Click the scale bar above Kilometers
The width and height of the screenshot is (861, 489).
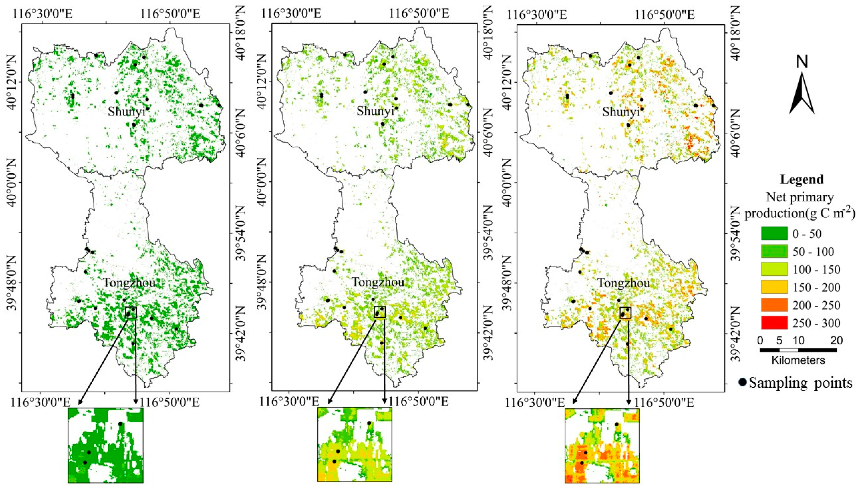pos(798,350)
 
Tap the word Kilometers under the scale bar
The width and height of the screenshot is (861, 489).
pos(798,360)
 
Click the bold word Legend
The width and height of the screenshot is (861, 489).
pos(801,179)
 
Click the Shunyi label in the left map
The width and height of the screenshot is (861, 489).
pos(127,111)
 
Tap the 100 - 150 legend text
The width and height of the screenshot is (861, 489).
pos(816,269)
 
